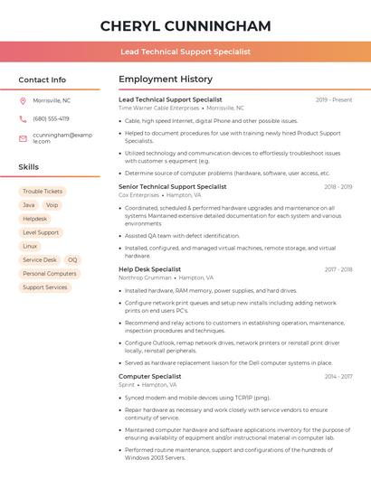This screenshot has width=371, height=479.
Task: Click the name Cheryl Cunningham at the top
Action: pos(185,24)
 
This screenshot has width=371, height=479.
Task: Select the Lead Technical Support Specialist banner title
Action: pos(185,52)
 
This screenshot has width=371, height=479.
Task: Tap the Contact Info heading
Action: pos(43,80)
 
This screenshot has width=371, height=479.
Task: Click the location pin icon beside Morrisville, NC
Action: pos(23,100)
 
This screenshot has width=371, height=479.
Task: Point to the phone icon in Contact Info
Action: pos(23,118)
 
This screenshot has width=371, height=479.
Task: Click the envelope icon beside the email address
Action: pos(23,138)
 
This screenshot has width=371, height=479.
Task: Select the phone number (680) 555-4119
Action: pos(51,118)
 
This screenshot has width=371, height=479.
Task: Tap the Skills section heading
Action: pos(29,167)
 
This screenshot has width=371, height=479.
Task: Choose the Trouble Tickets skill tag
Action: pos(43,192)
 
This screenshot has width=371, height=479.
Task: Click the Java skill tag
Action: pos(29,205)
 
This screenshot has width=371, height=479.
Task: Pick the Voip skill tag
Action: pos(52,205)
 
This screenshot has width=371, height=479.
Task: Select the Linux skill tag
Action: pos(30,246)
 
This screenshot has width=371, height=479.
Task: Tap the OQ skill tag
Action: pos(72,259)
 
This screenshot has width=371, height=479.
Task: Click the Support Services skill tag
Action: pos(45,287)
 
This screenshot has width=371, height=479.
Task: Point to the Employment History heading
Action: pos(166,80)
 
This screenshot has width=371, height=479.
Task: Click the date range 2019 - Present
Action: pos(334,99)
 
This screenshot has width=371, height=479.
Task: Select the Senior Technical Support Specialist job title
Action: pos(173,186)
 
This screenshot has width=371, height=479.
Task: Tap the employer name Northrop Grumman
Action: pos(144,277)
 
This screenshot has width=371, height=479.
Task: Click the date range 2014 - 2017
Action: pos(338,376)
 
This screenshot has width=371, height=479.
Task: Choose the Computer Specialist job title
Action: pos(150,376)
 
